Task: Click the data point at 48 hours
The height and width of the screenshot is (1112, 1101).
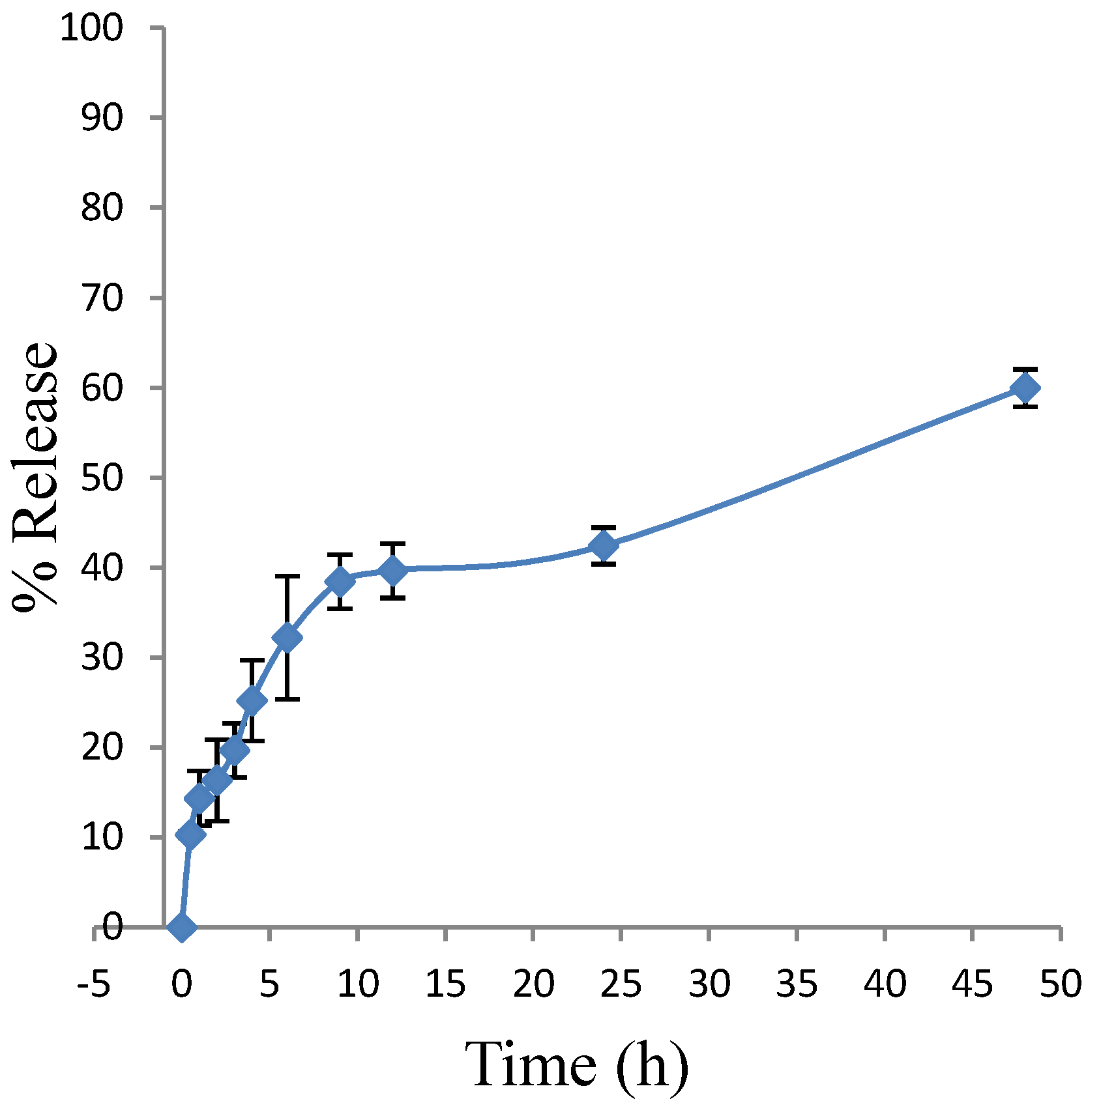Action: (x=1025, y=388)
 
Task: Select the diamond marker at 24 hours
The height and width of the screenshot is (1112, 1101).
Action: (x=604, y=546)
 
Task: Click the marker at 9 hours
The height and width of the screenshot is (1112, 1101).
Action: (x=340, y=581)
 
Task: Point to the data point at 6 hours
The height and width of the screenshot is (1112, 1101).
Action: (x=287, y=637)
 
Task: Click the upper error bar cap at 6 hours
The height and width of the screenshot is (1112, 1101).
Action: (x=287, y=577)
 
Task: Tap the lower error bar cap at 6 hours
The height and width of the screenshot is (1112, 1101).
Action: (x=287, y=699)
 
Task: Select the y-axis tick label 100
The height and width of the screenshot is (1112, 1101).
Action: (x=91, y=29)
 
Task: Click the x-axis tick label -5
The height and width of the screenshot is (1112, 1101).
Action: (x=93, y=984)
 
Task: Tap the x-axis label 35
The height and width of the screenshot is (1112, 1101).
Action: (x=797, y=984)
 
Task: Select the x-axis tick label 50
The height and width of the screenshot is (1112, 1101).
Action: (x=1061, y=984)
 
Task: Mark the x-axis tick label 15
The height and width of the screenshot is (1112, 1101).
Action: (x=445, y=984)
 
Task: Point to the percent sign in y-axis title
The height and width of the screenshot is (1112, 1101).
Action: (x=36, y=584)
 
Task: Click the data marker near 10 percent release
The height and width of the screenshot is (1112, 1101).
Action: (x=190, y=834)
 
